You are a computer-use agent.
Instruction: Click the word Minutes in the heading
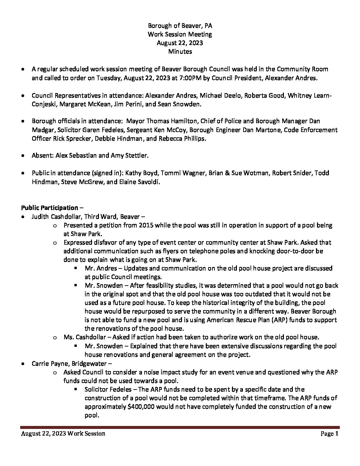(180, 51)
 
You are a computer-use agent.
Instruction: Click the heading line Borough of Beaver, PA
(180, 25)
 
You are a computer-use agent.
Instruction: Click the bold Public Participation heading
(49, 208)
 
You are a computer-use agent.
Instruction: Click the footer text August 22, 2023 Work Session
(63, 434)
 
